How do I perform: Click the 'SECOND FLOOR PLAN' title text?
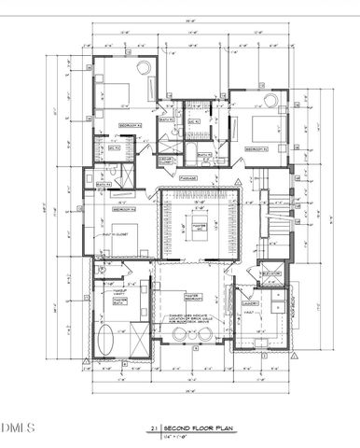[192, 428]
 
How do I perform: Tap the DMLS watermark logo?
[17, 428]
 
